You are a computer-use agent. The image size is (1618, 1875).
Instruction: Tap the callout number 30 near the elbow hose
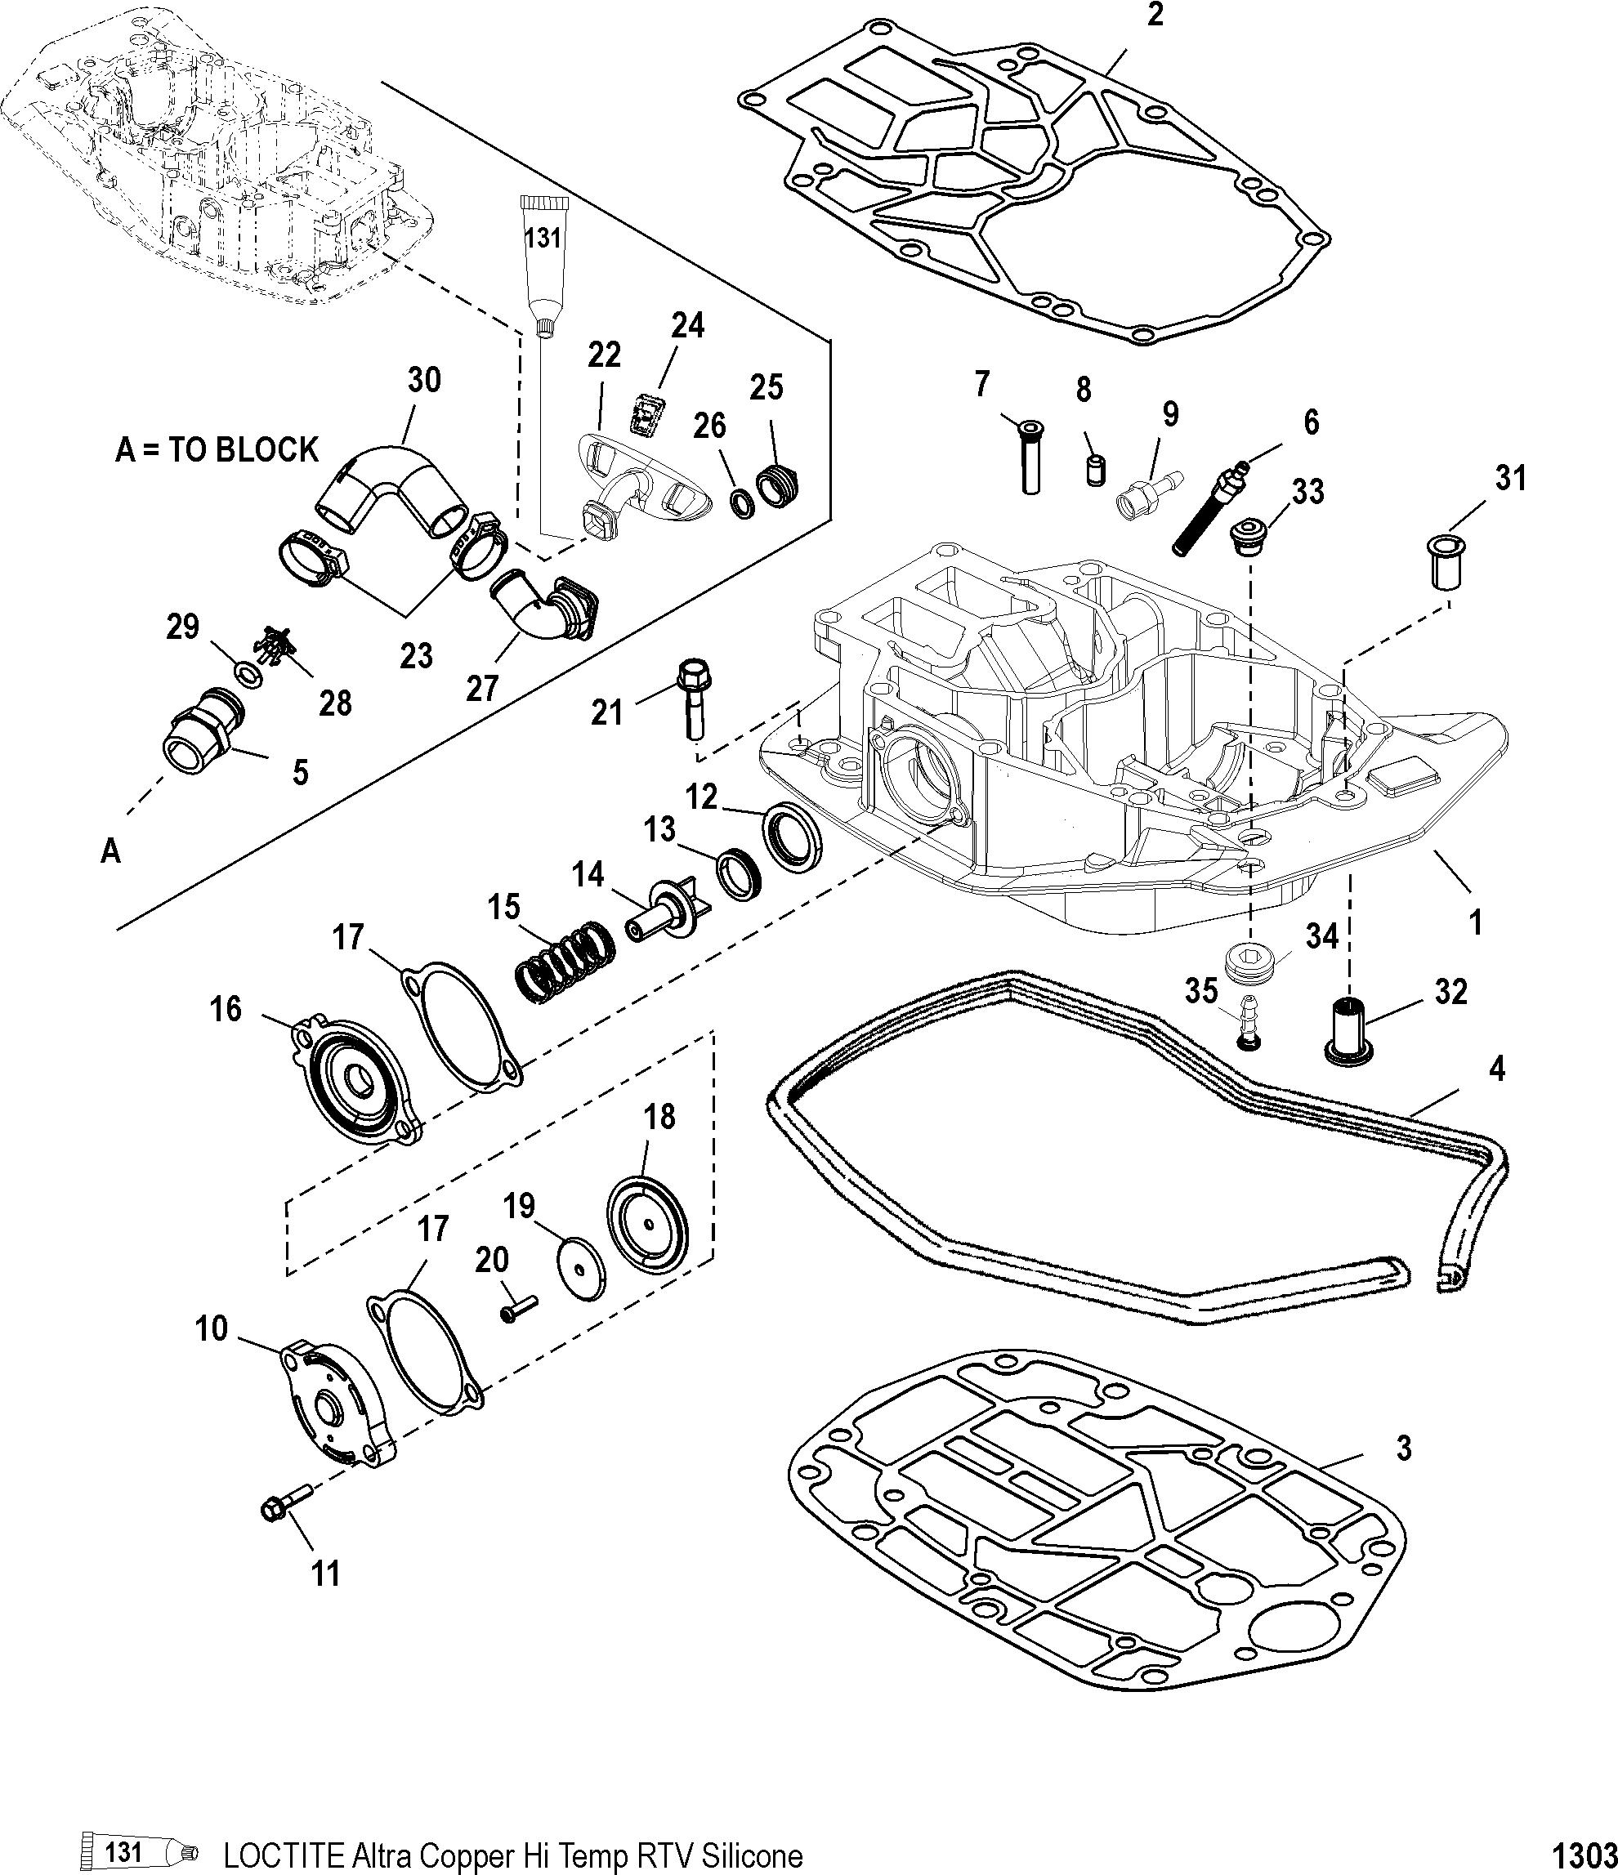point(424,380)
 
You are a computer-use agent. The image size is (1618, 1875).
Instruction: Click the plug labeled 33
point(1250,537)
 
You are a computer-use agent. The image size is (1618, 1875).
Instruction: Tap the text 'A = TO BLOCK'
point(217,449)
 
